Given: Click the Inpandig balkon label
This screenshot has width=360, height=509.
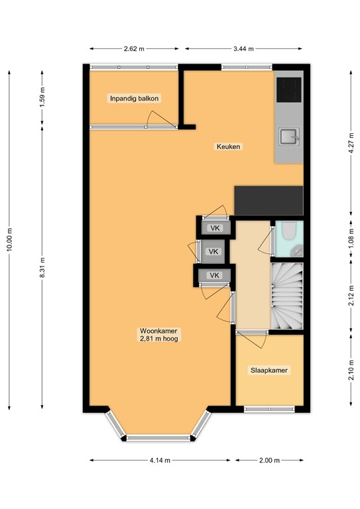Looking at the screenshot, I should (135, 99).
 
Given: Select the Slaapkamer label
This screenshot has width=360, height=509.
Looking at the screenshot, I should (269, 370).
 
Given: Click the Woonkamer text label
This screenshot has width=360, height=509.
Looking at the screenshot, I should (159, 334).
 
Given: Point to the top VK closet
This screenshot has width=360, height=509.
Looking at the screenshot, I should (214, 228).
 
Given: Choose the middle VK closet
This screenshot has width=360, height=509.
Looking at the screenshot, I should (213, 252).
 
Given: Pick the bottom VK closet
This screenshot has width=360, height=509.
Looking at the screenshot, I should (213, 276).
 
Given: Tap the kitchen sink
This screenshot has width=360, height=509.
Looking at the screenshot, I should (289, 137).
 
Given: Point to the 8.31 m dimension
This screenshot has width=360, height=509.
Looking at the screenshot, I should (42, 268).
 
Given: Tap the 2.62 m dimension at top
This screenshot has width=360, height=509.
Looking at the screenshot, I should (134, 48).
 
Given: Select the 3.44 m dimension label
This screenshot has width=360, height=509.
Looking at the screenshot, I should (244, 48).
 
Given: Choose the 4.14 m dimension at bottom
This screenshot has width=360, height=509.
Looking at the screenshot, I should (160, 460).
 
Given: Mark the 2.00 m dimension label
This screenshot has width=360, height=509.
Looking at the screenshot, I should (269, 460).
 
